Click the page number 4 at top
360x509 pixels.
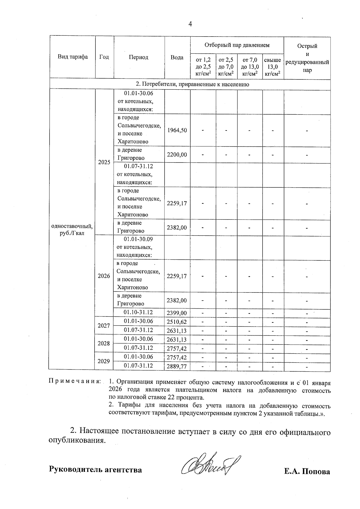click(190, 24)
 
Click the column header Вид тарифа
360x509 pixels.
click(73, 57)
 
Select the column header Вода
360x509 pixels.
click(177, 57)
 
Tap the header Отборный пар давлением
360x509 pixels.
click(237, 45)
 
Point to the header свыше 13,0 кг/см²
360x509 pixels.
click(273, 67)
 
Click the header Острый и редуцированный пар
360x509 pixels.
click(307, 58)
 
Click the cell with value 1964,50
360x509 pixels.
click(177, 130)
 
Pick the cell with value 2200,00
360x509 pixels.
click(177, 155)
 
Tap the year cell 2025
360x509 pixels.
click(104, 162)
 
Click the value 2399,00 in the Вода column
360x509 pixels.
click(177, 313)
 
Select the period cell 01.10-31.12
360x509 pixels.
click(138, 312)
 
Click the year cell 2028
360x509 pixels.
click(104, 343)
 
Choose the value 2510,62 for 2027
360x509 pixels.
click(177, 322)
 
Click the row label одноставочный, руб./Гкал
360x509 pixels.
click(72, 230)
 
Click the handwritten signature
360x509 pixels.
click(210, 465)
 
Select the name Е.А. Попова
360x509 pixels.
click(307, 472)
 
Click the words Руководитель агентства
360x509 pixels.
click(95, 470)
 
